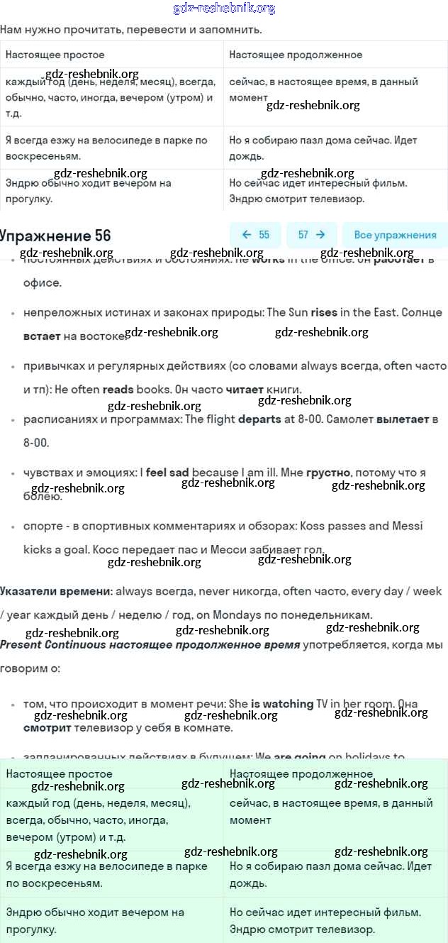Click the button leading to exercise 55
click(x=255, y=235)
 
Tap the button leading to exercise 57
click(x=312, y=235)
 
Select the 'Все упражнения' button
click(x=395, y=235)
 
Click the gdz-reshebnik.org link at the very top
click(x=224, y=9)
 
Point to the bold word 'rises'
click(x=324, y=312)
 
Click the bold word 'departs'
click(x=259, y=419)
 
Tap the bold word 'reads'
click(x=118, y=390)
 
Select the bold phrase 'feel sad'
click(x=167, y=472)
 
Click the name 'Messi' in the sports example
click(x=408, y=526)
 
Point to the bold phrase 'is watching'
click(x=282, y=704)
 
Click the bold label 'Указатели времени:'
click(x=56, y=591)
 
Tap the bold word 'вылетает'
click(x=403, y=419)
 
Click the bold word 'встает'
click(x=42, y=336)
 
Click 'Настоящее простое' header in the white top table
click(x=55, y=55)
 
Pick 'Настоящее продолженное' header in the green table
click(x=301, y=774)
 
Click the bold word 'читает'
click(x=245, y=390)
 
